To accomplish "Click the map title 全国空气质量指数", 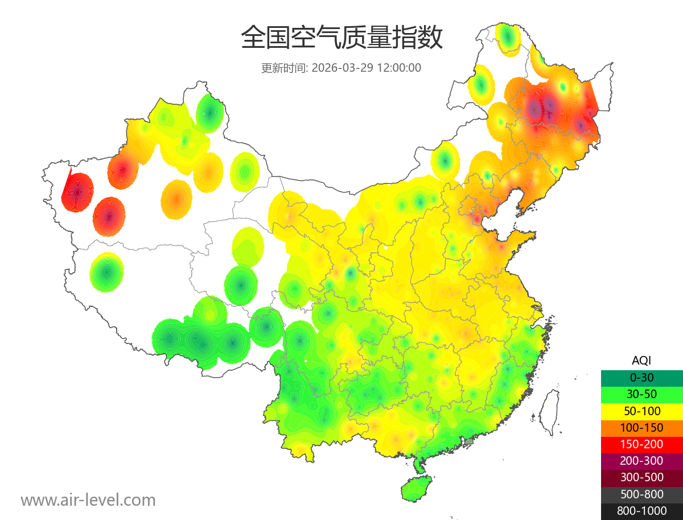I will [341, 38].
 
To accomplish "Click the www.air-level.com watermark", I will [88, 500].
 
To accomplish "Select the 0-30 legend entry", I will [641, 377].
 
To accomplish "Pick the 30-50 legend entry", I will [641, 394].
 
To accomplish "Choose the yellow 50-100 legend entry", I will [641, 411].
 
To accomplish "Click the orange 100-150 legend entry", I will [641, 427].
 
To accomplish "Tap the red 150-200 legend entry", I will [641, 444].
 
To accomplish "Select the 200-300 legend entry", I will [641, 460].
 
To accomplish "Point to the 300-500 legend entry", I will [641, 477].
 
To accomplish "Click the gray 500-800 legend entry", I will [641, 494].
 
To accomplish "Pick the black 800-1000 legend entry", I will [641, 511].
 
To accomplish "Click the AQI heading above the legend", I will [641, 361].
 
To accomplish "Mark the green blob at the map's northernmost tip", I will [508, 39].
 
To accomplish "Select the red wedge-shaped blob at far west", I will [77, 192].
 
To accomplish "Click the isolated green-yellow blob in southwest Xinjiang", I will [106, 272].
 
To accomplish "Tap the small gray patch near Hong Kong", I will [469, 441].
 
